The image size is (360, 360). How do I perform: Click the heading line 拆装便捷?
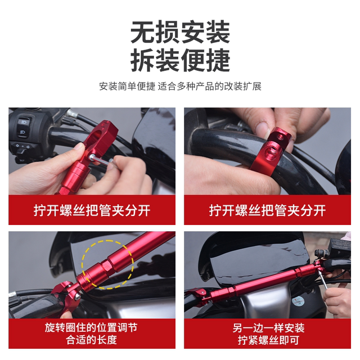point(180,60)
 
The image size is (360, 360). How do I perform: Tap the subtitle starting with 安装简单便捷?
point(180,87)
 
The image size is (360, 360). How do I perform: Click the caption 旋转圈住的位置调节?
point(91,327)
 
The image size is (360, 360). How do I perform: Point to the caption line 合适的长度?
point(91,340)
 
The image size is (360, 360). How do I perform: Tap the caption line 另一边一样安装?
point(268,327)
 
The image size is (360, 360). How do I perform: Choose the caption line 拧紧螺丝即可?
point(268,340)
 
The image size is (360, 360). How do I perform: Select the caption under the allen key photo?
point(91,210)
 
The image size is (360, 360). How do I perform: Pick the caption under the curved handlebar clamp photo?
point(268,210)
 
